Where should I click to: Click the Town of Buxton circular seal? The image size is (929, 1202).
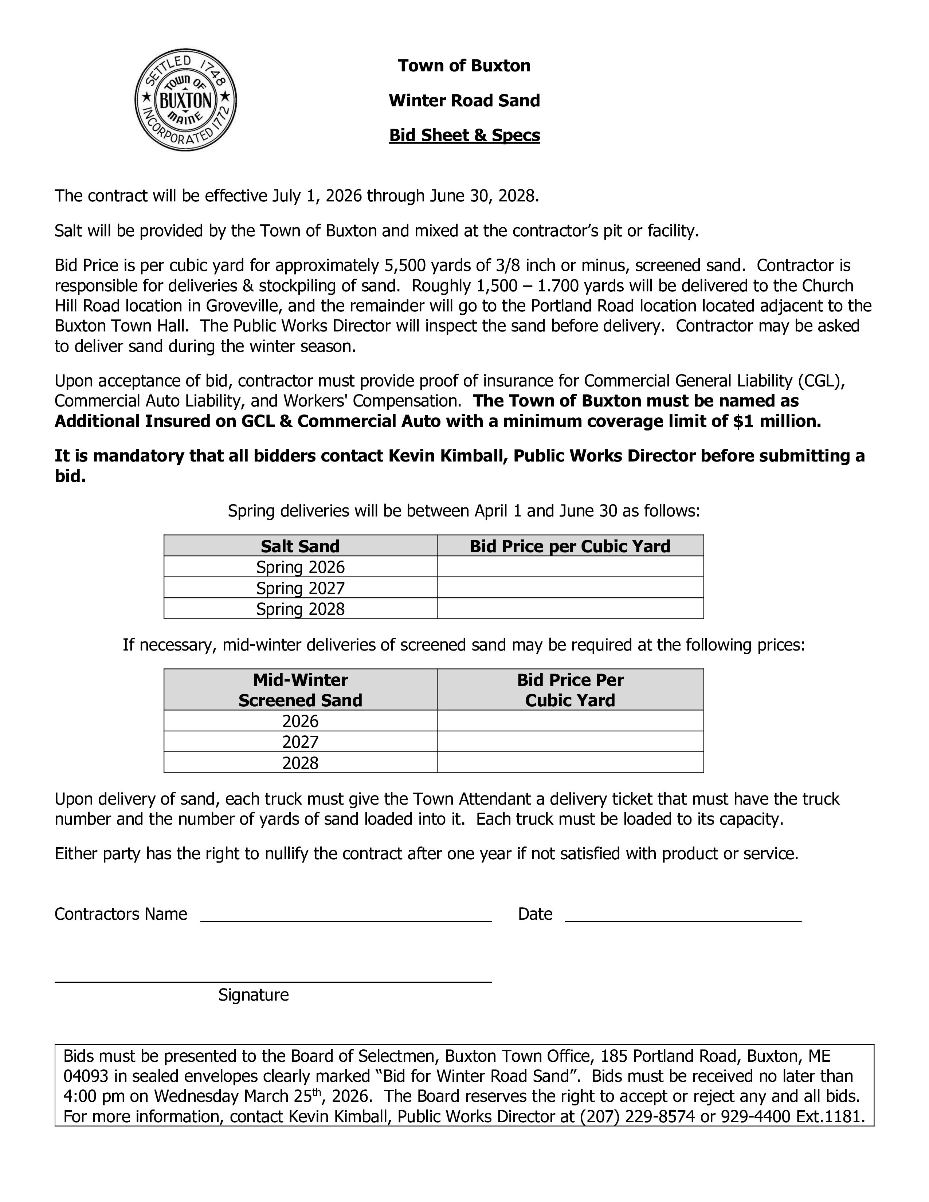tap(186, 99)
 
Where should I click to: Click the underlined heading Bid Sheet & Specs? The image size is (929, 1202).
tap(464, 135)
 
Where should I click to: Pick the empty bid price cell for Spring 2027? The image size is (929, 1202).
tap(570, 588)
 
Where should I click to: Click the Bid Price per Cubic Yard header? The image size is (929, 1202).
tap(570, 546)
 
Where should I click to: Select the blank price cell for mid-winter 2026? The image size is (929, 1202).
tap(570, 721)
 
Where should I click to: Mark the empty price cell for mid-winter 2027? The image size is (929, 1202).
tap(570, 742)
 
